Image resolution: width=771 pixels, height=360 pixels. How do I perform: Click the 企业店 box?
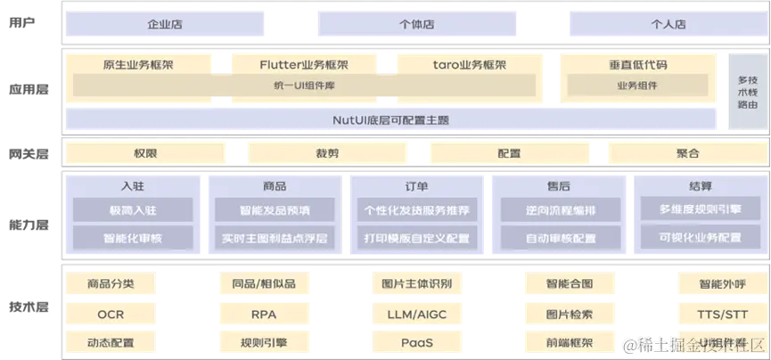(x=165, y=25)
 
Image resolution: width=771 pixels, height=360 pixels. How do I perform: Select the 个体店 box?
(x=414, y=25)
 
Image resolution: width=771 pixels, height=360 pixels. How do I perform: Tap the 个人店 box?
(x=667, y=25)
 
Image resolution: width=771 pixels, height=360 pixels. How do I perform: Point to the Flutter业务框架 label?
(x=304, y=65)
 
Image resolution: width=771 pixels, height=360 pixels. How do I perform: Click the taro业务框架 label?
(x=469, y=65)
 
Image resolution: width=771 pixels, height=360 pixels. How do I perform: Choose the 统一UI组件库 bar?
(x=304, y=86)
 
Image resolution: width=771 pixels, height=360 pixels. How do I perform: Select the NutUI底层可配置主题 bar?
(x=390, y=119)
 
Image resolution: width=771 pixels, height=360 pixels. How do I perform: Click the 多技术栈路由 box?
(x=747, y=92)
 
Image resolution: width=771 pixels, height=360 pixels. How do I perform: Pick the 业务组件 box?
(x=637, y=86)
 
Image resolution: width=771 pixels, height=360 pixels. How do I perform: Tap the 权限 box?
(x=145, y=153)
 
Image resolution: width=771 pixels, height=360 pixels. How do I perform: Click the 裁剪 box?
(x=327, y=153)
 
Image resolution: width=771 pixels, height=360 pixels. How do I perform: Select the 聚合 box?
(x=687, y=153)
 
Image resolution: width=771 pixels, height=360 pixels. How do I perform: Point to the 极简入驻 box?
(x=133, y=210)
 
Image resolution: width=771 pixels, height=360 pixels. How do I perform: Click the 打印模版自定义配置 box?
(x=416, y=239)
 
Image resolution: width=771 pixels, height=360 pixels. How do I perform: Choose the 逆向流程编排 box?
(x=561, y=210)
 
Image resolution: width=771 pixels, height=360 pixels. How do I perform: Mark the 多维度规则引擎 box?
(x=700, y=209)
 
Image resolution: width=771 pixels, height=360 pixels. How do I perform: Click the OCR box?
(x=111, y=315)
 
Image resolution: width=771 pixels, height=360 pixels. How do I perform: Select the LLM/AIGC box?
(x=416, y=315)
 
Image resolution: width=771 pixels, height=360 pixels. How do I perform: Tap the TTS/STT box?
(x=722, y=315)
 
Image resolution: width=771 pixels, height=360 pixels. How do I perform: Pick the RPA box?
(x=264, y=315)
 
